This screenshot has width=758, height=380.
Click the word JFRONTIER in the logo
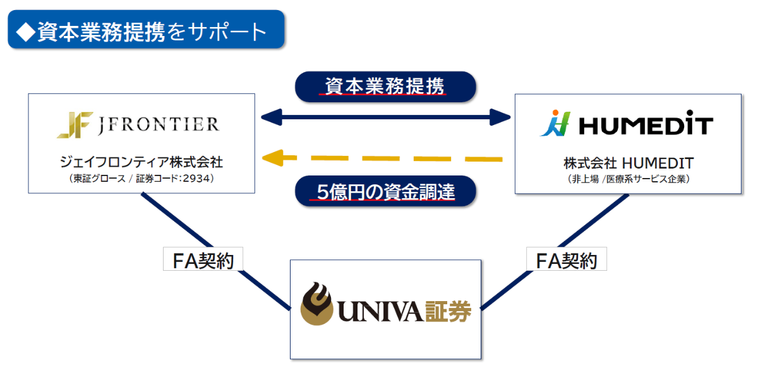159,124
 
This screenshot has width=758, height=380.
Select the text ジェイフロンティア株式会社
141,162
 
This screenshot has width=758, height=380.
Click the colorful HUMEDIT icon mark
555,124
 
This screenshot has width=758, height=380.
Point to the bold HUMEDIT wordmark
646,126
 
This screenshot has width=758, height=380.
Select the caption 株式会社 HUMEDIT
628,163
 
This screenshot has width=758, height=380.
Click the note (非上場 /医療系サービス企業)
628,179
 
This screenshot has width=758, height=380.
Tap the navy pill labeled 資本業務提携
385,86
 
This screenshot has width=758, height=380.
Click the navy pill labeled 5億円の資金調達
385,191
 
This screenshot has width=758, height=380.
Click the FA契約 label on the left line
199,259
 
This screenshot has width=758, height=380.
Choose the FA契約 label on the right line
566,259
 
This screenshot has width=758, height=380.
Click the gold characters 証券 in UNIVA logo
447,309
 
